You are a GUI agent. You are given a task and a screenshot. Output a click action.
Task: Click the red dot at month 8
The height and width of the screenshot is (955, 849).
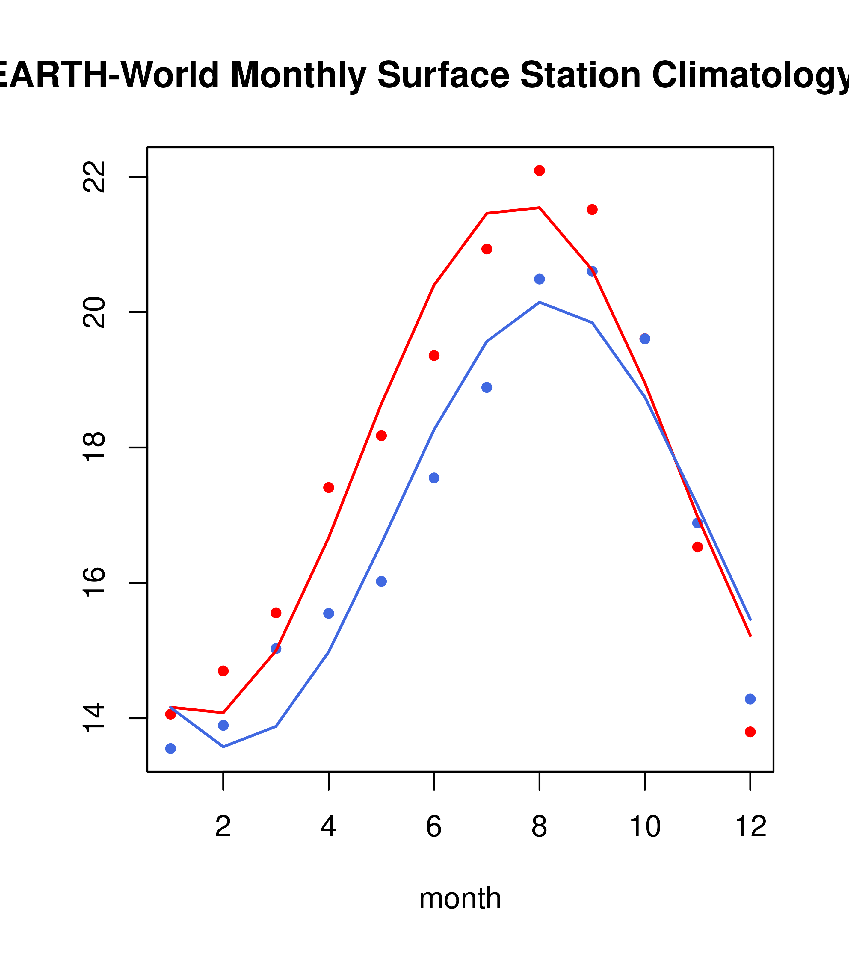point(539,170)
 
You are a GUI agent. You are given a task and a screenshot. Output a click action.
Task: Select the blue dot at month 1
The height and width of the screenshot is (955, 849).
point(170,749)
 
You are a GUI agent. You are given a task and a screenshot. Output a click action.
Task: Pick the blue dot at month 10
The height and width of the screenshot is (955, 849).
point(645,339)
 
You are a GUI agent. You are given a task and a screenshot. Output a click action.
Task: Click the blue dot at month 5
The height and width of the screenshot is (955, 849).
point(381,581)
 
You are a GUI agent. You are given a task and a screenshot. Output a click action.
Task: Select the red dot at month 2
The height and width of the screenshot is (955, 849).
point(223,671)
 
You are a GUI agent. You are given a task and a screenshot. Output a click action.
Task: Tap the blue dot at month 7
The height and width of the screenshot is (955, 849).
point(487,387)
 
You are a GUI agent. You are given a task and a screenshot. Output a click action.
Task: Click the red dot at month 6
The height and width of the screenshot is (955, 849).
point(434,356)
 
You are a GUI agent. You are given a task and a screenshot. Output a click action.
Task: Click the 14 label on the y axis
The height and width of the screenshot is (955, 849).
point(93,718)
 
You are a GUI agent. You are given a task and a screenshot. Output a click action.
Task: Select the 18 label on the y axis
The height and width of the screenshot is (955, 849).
point(93,448)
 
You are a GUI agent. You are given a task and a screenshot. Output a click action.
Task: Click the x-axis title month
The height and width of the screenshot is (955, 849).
point(460,898)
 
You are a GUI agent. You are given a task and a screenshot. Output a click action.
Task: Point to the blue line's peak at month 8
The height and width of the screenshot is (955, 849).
point(539,302)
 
